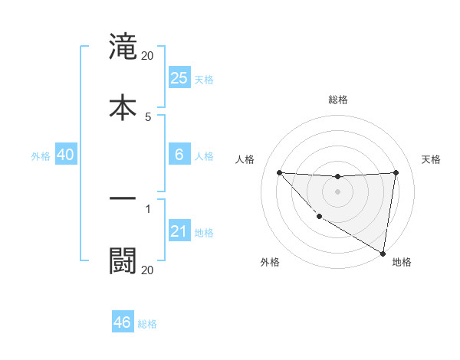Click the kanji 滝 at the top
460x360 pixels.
pyautogui.click(x=123, y=47)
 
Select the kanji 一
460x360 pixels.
pyautogui.click(x=123, y=198)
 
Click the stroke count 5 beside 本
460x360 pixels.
pyautogui.click(x=148, y=116)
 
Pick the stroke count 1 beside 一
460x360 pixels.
pyautogui.click(x=148, y=207)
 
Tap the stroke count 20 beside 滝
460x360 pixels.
pyautogui.click(x=148, y=56)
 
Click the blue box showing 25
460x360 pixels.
pyautogui.click(x=179, y=78)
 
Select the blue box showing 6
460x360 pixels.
pyautogui.click(x=179, y=155)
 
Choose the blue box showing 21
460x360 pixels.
pyautogui.click(x=179, y=231)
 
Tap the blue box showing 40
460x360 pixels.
pyautogui.click(x=66, y=155)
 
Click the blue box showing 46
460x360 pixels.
pyautogui.click(x=123, y=322)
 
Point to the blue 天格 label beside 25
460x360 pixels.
pyautogui.click(x=204, y=79)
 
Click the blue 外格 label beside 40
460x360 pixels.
pyautogui.click(x=41, y=155)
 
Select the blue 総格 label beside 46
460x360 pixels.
pyautogui.click(x=147, y=323)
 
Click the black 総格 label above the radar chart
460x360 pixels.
pyautogui.click(x=338, y=100)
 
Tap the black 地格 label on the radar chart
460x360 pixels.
pyautogui.click(x=402, y=262)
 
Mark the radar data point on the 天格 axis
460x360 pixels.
pyautogui.click(x=396, y=172)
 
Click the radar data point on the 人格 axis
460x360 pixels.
pyautogui.click(x=279, y=172)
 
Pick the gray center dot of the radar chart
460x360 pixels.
pyautogui.click(x=337, y=191)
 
